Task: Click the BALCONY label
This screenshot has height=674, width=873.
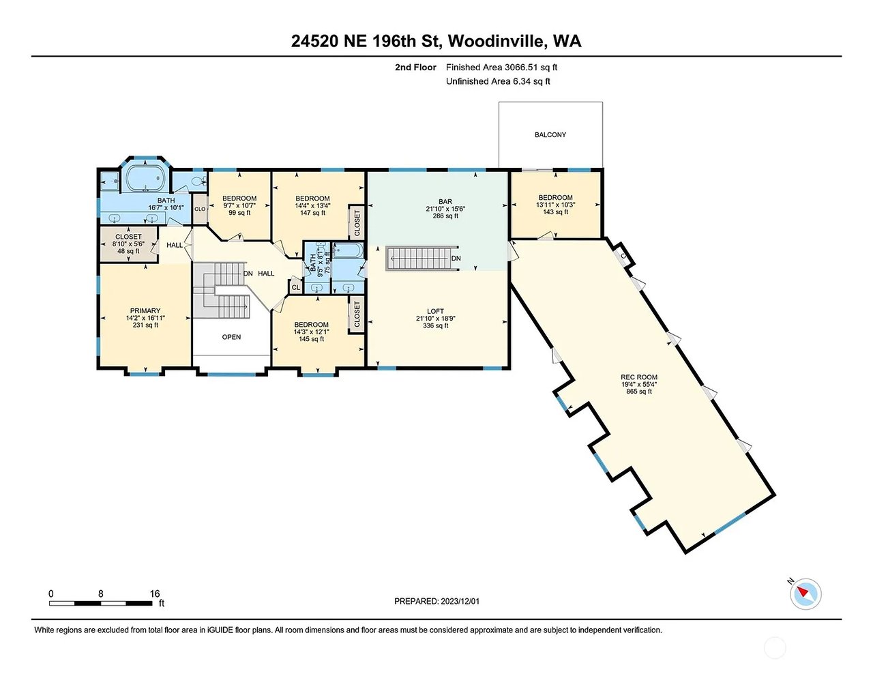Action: tap(550, 134)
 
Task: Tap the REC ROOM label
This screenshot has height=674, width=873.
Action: tap(639, 377)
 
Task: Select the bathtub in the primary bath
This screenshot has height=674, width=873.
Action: tap(145, 179)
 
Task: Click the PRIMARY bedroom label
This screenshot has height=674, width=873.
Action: tap(145, 310)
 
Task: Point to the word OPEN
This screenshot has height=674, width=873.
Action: tap(231, 337)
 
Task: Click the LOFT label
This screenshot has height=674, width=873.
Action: tap(436, 311)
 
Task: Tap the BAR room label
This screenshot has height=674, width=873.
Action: tap(445, 202)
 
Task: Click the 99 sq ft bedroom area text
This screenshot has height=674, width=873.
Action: tap(239, 212)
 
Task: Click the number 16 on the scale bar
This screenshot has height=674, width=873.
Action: tap(155, 594)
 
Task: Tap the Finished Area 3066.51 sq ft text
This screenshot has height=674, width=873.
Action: tap(501, 68)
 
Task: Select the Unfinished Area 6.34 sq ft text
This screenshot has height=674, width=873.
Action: tap(498, 82)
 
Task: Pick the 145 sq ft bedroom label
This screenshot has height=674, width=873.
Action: tap(312, 332)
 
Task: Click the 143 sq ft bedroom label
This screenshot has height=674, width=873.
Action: tap(556, 205)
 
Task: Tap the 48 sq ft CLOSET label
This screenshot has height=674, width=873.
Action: tap(128, 244)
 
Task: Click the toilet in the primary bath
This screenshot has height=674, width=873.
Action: tap(198, 181)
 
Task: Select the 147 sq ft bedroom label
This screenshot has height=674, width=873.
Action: tap(312, 205)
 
